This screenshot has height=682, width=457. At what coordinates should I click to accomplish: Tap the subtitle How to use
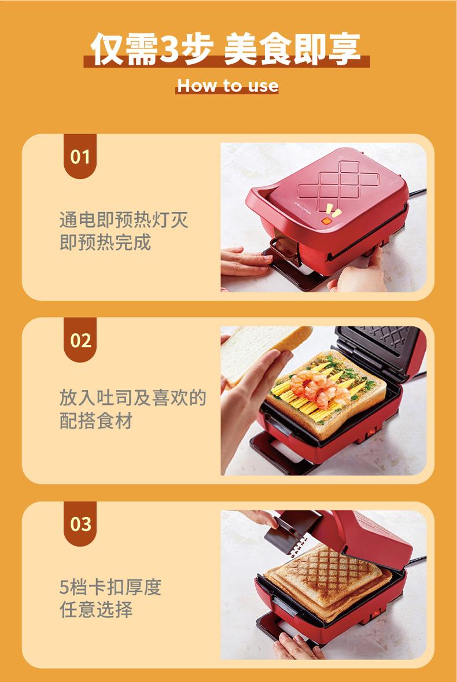(x=227, y=86)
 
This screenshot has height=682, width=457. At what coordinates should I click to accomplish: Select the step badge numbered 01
(x=80, y=156)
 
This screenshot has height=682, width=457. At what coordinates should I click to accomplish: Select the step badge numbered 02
(x=80, y=340)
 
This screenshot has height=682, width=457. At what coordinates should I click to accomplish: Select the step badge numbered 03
(x=80, y=524)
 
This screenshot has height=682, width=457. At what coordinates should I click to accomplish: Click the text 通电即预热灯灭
(x=124, y=220)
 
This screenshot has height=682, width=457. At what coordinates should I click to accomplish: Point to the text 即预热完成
(x=105, y=242)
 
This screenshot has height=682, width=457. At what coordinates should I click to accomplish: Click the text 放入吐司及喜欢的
(x=132, y=398)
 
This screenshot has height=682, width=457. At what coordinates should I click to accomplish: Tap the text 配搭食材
(x=96, y=421)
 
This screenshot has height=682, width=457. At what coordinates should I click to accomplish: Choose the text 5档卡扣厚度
(x=110, y=587)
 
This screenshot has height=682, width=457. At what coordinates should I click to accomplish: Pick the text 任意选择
(x=96, y=609)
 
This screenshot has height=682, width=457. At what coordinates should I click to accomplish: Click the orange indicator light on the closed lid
(x=326, y=221)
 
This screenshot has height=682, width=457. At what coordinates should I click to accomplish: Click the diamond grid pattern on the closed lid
(x=338, y=186)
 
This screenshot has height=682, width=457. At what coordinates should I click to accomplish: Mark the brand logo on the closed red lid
(x=303, y=208)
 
